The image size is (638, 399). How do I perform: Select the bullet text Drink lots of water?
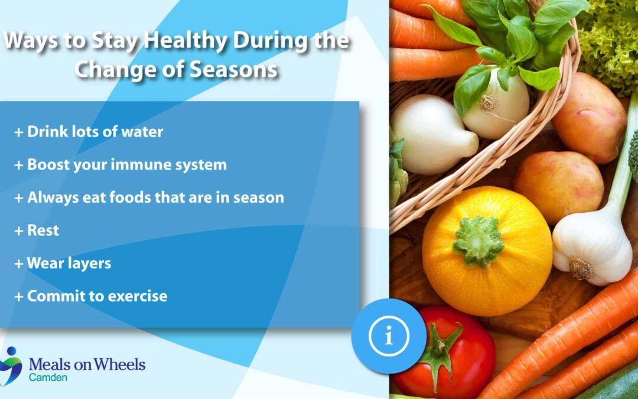[x=89, y=131]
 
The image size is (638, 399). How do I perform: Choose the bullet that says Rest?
[x=37, y=231]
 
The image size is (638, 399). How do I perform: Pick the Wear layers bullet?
[x=63, y=264]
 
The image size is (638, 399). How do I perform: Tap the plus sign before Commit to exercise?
[x=19, y=297]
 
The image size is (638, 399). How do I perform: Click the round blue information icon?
[x=389, y=336]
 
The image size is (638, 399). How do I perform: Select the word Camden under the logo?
[x=48, y=377]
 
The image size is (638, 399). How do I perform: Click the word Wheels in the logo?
[x=122, y=364]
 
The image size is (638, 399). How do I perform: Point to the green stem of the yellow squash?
[x=479, y=242]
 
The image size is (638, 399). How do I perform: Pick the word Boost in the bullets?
[x=49, y=164]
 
